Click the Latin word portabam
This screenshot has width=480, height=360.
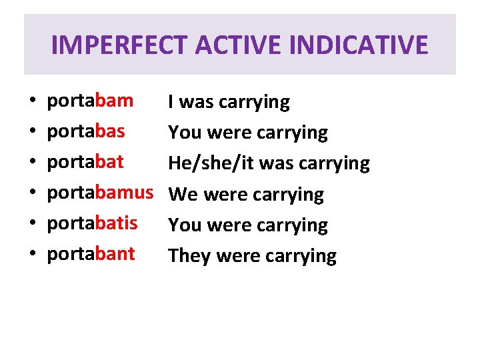90,101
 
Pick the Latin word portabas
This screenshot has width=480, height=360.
85,131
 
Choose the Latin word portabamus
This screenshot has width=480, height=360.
100,193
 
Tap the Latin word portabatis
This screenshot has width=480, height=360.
92,223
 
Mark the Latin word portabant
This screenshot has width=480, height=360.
91,254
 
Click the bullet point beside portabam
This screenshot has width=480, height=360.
32,103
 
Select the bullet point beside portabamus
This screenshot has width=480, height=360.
32,194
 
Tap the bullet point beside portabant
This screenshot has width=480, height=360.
32,255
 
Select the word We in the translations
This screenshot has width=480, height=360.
183,195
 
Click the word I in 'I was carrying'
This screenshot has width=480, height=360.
171,102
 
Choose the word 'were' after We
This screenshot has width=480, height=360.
224,195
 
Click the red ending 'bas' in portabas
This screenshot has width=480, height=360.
110,131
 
